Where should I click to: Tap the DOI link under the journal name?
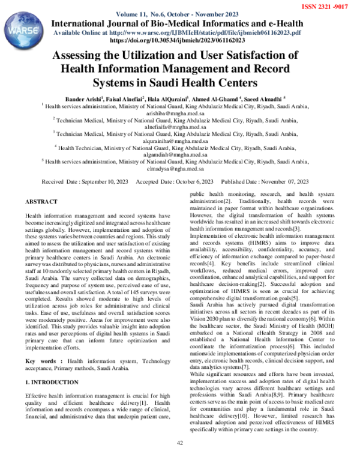click(x=178, y=40)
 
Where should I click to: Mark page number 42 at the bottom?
click(x=179, y=459)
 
